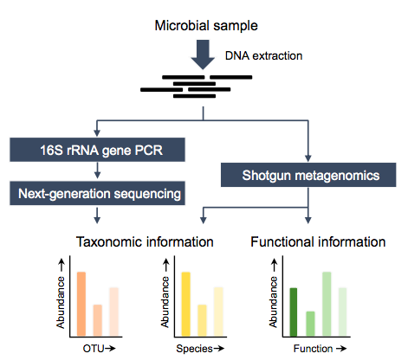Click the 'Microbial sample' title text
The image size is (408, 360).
coord(206,26)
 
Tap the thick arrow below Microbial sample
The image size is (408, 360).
coord(203,55)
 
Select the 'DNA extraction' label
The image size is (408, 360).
coord(263,55)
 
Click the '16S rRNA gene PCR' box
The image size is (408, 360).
coord(97,150)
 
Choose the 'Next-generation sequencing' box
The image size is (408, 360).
coord(97,193)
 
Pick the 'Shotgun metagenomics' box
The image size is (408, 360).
coord(308,175)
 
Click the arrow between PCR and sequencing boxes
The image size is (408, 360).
coord(97,170)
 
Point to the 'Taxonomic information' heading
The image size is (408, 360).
coord(145,241)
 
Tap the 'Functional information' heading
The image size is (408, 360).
coord(318,241)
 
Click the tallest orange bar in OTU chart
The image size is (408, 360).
coord(81,304)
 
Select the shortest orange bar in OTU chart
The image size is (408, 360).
coord(98,320)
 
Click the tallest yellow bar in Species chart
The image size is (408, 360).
coord(186,304)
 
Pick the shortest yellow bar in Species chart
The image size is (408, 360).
coord(202,320)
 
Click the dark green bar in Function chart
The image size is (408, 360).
coord(294,312)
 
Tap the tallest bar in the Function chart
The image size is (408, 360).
coord(327,304)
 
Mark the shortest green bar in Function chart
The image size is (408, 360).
coord(310,324)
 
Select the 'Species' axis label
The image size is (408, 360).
coord(194,349)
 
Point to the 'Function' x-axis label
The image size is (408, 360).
coord(313,349)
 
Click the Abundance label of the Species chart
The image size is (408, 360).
coord(165,302)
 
